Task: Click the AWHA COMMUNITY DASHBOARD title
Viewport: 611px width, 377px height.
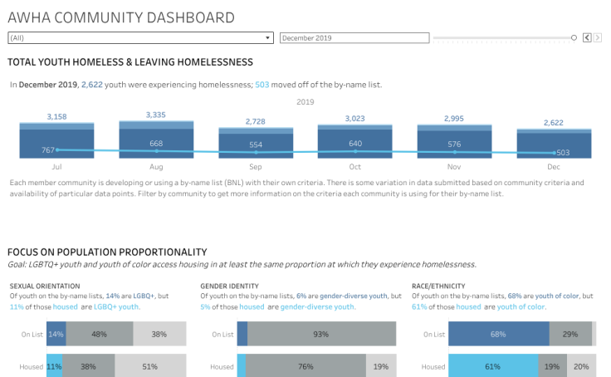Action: tap(120, 17)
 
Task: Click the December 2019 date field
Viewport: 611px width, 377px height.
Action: tap(354, 37)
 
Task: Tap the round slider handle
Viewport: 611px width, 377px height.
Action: tap(574, 37)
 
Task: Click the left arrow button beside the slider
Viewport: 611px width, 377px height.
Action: tap(587, 37)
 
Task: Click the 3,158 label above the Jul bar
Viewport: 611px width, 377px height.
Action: tap(57, 116)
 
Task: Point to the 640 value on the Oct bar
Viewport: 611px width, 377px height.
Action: tap(355, 143)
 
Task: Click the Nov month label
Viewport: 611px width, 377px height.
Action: tap(454, 167)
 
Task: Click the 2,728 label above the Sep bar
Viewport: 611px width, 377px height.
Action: tap(256, 121)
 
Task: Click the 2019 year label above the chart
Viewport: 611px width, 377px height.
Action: tap(305, 101)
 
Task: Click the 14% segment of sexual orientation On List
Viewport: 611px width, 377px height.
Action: tap(56, 334)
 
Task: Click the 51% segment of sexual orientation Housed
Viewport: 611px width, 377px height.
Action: tap(151, 366)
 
